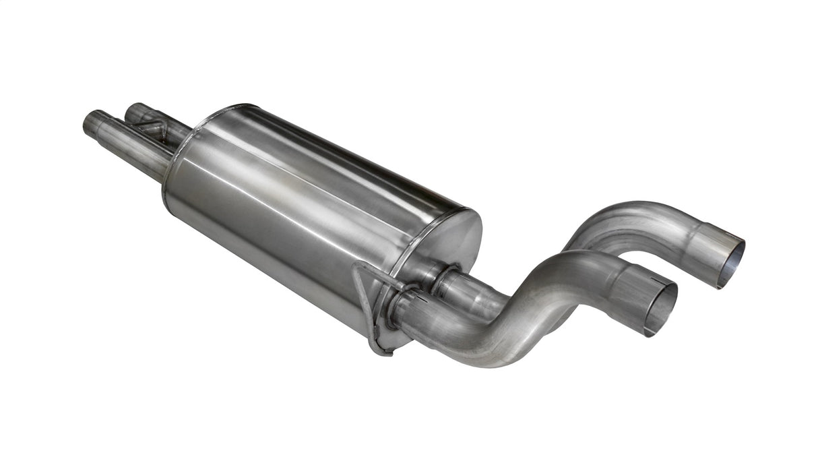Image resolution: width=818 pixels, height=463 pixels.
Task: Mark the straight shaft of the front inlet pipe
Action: click(x=135, y=148)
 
